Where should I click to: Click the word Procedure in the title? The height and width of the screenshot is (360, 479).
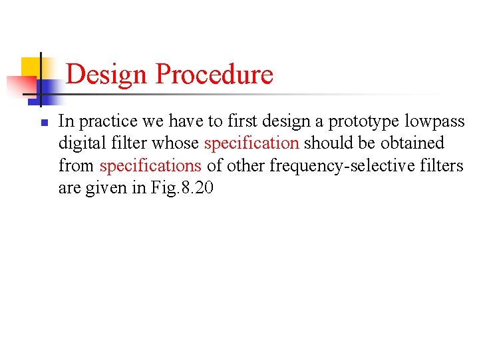214,74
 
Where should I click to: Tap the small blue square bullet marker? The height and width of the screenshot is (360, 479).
41,123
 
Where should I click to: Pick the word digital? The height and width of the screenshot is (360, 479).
79,143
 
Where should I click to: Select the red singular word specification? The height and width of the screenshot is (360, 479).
251,143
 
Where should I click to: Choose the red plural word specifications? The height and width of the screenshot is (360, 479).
150,165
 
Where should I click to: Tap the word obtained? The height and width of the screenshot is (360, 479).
412,143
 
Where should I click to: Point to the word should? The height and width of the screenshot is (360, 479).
326,143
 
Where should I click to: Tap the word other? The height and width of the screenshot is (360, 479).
245,165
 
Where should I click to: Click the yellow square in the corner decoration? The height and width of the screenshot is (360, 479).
31,67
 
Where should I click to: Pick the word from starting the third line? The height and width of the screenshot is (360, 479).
77,165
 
